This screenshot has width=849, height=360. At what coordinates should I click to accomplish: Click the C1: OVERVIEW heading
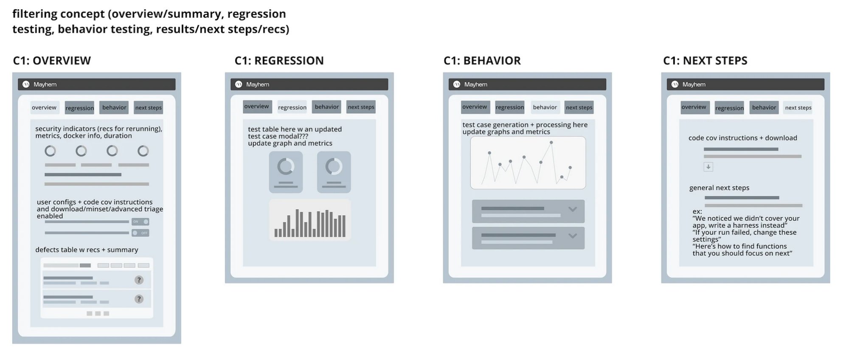point(52,61)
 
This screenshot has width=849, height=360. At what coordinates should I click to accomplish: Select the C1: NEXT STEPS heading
point(705,61)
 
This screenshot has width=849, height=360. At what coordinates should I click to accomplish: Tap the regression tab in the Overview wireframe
point(80,108)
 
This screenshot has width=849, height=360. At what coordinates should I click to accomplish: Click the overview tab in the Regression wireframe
point(256,107)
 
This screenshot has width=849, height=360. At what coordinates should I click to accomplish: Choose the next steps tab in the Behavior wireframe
point(579,107)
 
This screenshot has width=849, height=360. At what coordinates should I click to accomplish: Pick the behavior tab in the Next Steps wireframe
point(764,107)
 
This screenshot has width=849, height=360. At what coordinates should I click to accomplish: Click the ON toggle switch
point(140,222)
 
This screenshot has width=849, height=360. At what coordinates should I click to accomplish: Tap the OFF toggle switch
point(140,233)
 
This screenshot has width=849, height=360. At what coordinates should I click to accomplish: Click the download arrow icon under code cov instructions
point(708,167)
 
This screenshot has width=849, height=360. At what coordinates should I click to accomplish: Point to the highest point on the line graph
point(551,143)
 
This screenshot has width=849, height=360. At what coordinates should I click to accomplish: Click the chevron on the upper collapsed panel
point(573,209)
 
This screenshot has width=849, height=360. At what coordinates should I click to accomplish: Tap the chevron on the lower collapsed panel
point(573,236)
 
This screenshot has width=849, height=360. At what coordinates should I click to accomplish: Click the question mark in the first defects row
point(139,280)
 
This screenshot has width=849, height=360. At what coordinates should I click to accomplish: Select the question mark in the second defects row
point(139,299)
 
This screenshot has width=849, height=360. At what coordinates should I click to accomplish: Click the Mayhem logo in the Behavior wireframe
point(457,84)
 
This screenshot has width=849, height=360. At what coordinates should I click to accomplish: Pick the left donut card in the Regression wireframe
point(286,172)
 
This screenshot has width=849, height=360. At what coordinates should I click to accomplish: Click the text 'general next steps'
point(719,188)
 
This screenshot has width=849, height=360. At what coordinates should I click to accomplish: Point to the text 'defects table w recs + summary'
point(87,250)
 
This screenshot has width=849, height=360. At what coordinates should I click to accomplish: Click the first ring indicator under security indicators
point(50,151)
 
